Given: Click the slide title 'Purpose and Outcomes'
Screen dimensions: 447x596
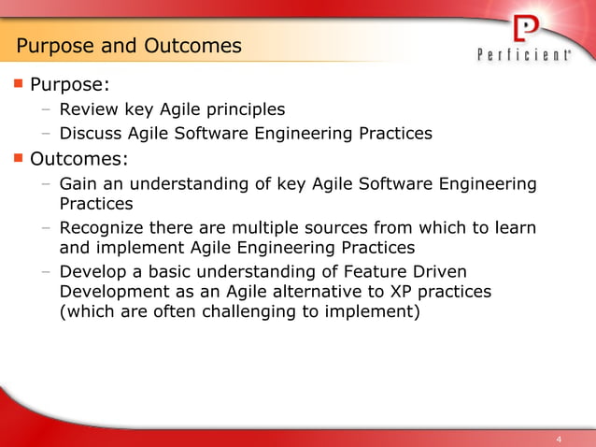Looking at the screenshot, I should point(129,45).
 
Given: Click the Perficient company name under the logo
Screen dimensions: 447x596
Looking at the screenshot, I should point(525,56).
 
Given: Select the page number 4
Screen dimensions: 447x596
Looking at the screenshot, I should point(559,439).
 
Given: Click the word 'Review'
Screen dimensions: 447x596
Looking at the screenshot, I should point(88,109).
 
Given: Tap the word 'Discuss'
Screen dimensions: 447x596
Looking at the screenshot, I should point(91,133).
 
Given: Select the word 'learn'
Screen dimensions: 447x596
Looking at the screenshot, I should point(518,228).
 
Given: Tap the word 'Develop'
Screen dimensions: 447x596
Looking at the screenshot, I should point(93,272).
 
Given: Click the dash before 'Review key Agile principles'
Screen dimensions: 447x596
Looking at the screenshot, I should point(46,109).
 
